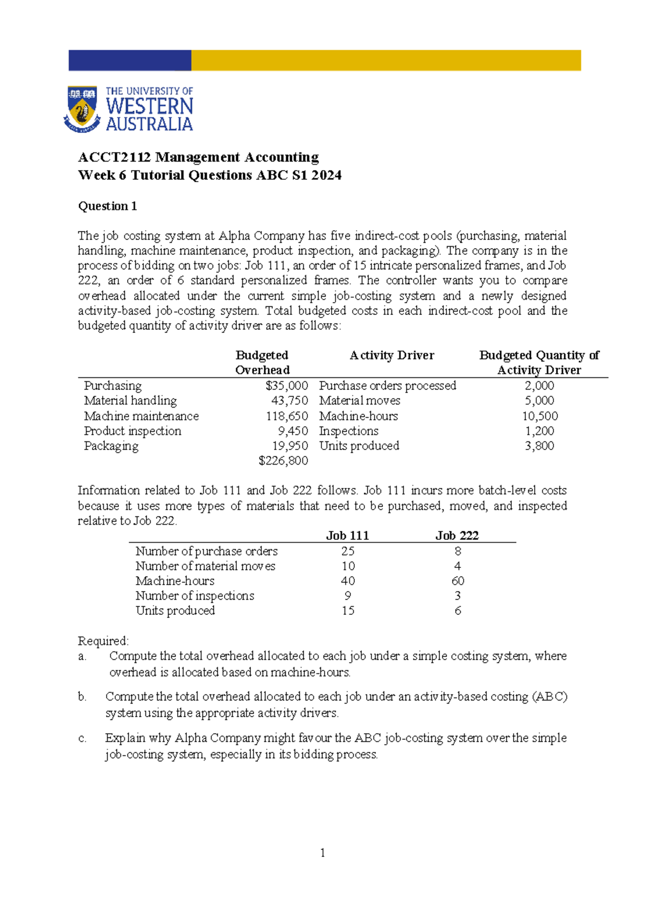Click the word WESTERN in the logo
tap(149, 107)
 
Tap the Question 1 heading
tap(108, 206)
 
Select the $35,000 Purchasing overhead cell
tap(286, 386)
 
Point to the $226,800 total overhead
tap(283, 461)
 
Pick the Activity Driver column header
tap(392, 355)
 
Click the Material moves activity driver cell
tap(360, 401)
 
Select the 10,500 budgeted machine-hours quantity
tap(539, 416)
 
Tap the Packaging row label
tap(111, 446)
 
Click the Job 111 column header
tap(348, 536)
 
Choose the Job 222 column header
tap(457, 536)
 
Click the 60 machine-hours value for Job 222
tap(458, 581)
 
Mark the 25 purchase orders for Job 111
tap(348, 551)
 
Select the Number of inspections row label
tap(195, 596)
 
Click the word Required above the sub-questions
tap(103, 641)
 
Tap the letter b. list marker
tap(82, 697)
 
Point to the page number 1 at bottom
tap(322, 853)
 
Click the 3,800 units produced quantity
tap(539, 446)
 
